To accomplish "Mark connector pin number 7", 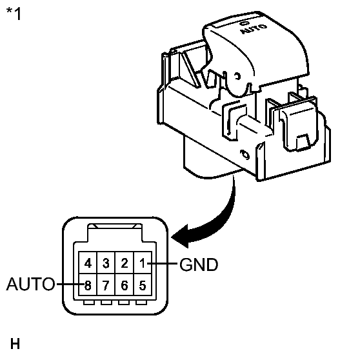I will tap(106, 284).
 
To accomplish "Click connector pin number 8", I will tap(87, 284).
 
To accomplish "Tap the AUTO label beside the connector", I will tap(30, 284).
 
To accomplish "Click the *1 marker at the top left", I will tap(13, 14).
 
